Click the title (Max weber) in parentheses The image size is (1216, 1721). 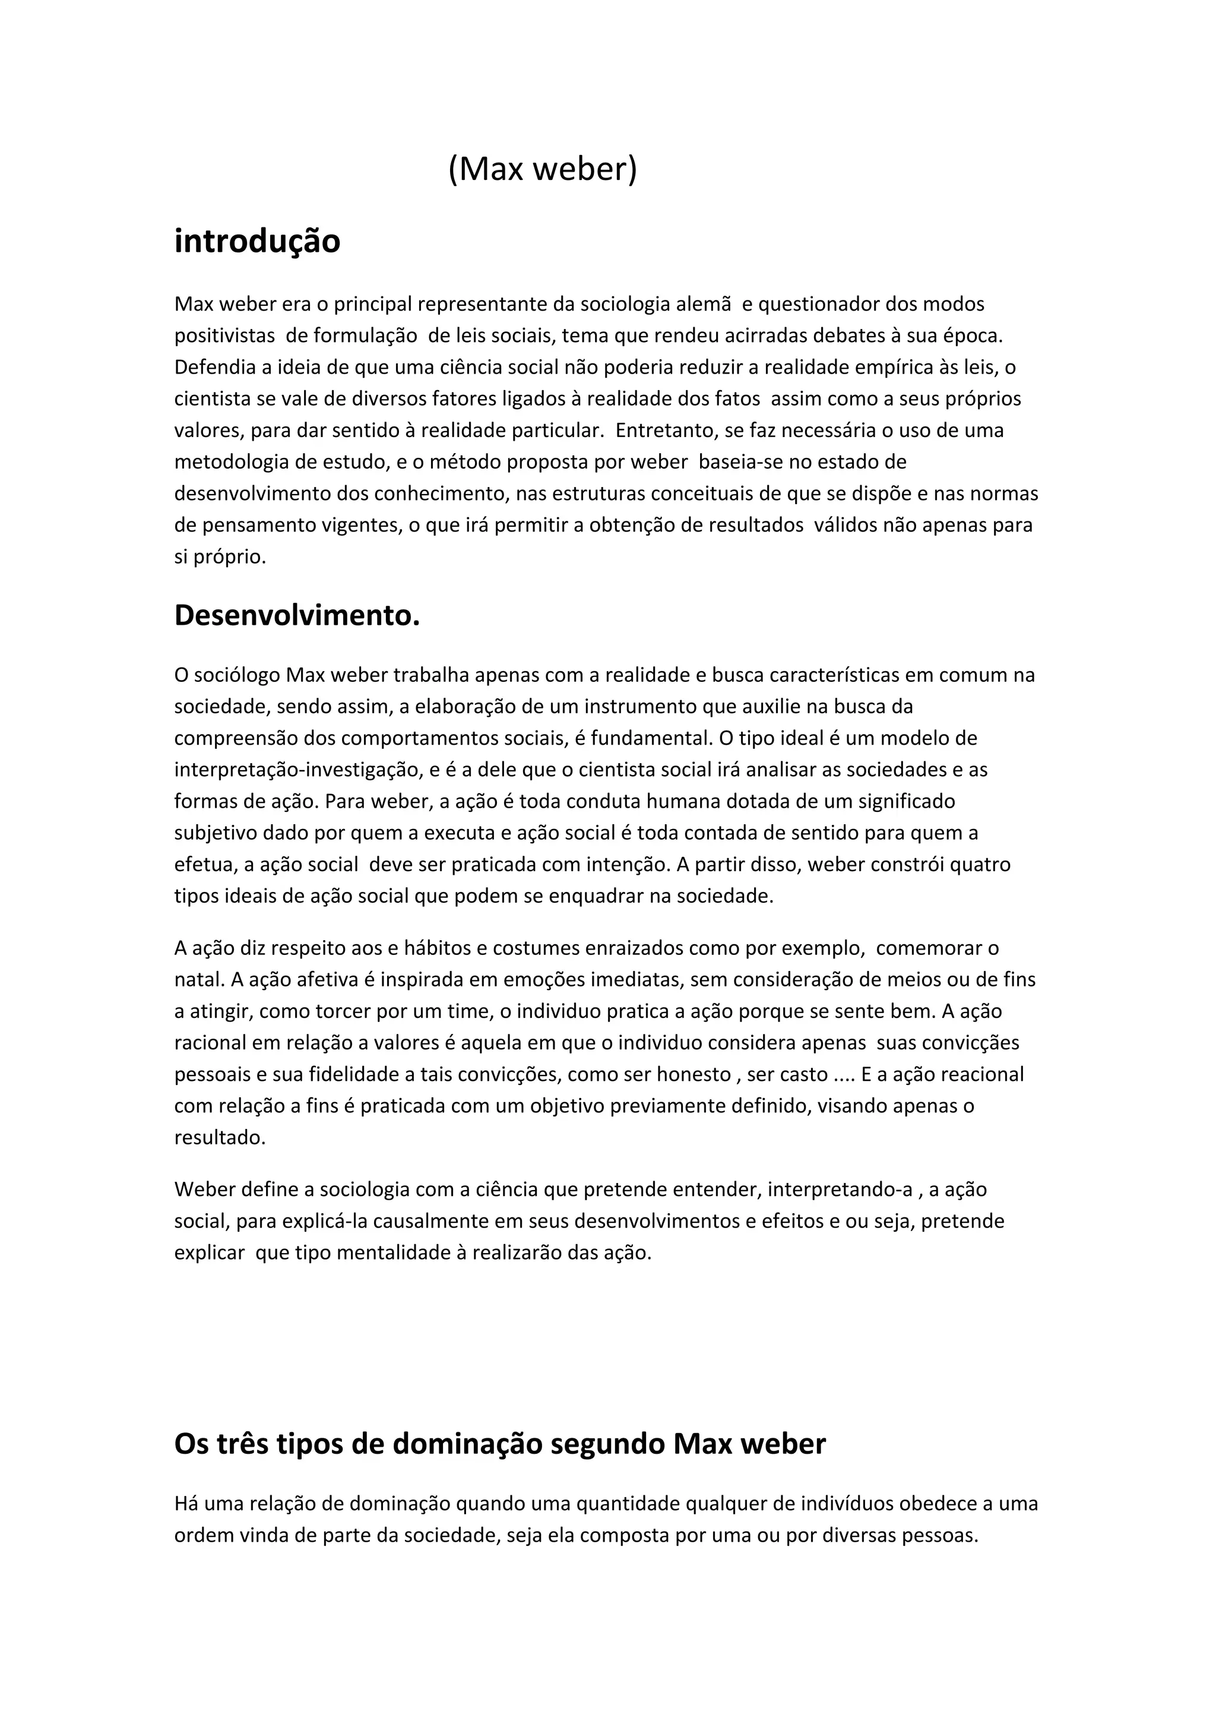click(x=543, y=169)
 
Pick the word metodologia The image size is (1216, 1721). click(x=232, y=462)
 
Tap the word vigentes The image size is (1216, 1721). click(x=361, y=525)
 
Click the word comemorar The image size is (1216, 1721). click(x=929, y=948)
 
